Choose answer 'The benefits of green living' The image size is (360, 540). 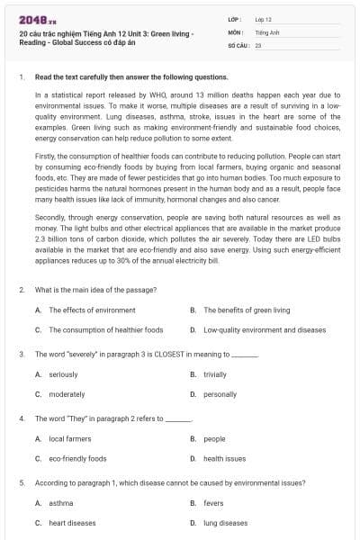click(247, 310)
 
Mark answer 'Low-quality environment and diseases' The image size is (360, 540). click(265, 329)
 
